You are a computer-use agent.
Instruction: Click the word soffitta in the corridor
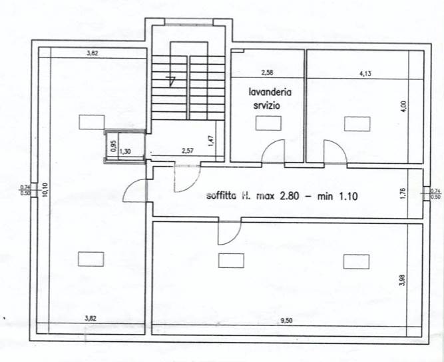point(224,197)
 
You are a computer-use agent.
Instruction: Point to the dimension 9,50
point(286,321)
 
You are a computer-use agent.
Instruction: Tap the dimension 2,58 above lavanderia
point(266,73)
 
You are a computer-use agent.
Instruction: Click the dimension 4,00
point(402,107)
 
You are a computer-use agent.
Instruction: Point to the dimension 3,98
point(401,281)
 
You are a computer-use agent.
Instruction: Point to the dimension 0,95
point(112,146)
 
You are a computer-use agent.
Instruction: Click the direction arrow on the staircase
point(172,82)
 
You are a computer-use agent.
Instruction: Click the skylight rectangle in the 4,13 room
point(357,123)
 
